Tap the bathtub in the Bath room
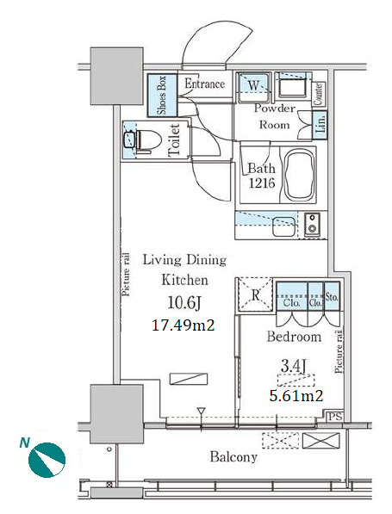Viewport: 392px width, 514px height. [299, 175]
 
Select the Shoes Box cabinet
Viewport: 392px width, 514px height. [162, 96]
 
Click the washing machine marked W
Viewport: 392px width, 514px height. [253, 86]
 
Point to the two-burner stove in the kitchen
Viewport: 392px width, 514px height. [312, 224]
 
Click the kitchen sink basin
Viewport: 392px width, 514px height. [284, 226]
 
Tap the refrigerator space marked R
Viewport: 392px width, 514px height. [255, 294]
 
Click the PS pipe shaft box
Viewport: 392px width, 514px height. [335, 417]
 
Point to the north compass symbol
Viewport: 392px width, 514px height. [47, 459]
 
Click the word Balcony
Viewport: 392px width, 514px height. [233, 457]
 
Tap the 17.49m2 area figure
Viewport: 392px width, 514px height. [183, 325]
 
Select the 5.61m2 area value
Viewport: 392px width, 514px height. [296, 396]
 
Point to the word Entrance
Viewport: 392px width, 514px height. [205, 84]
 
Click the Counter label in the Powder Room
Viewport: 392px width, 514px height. [318, 94]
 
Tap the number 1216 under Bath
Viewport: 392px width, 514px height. [262, 183]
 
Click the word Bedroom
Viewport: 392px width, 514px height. [294, 337]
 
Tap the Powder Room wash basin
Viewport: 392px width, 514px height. [292, 86]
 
